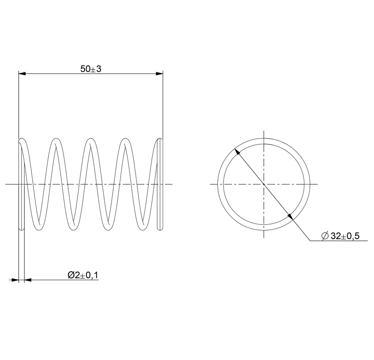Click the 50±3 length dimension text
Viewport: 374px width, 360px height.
pyautogui.click(x=91, y=69)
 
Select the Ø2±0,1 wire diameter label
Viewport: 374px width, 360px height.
pyautogui.click(x=83, y=275)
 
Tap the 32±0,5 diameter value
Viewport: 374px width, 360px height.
pyautogui.click(x=345, y=236)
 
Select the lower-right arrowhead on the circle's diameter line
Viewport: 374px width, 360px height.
pyautogui.click(x=290, y=216)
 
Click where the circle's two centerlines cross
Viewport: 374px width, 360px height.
pyautogui.click(x=264, y=184)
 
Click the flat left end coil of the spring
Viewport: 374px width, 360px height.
pyautogui.click(x=21, y=184)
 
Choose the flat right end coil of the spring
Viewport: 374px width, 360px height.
pyautogui.click(x=160, y=184)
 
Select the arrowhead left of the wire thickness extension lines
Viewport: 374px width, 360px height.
pyautogui.click(x=15, y=280)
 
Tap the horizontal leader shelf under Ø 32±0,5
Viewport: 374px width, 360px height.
pyautogui.click(x=334, y=241)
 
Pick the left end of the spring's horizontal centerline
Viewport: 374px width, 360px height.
pyautogui.click(x=6, y=184)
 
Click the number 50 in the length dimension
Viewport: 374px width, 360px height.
pyautogui.click(x=85, y=69)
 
